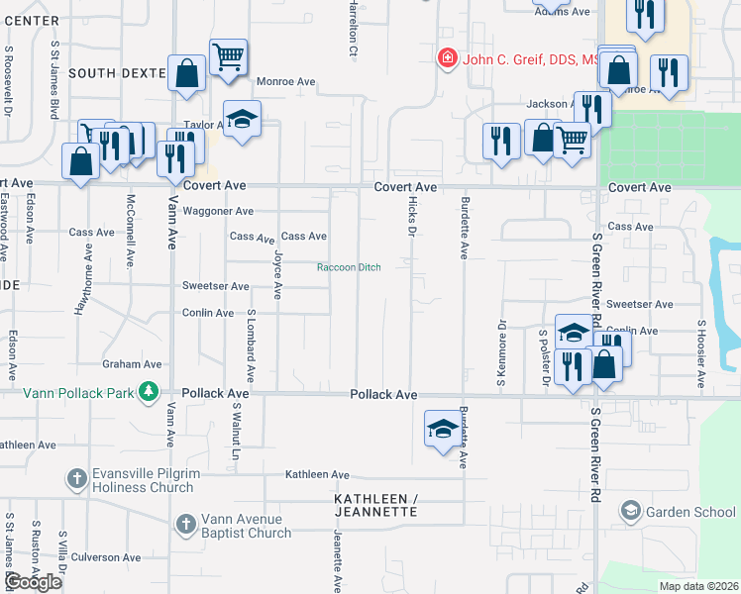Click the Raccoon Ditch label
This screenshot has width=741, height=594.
(349, 267)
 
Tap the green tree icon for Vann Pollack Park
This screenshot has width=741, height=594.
(149, 393)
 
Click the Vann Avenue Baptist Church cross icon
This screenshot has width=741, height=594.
(185, 525)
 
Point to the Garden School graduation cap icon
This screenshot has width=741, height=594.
(630, 512)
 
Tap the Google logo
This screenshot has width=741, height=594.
(33, 582)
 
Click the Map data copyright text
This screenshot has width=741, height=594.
(698, 586)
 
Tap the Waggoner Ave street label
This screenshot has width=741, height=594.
(218, 211)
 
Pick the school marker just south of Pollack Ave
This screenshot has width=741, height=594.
(444, 429)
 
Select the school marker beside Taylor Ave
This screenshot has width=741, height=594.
(242, 120)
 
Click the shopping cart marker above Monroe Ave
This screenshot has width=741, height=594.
(228, 57)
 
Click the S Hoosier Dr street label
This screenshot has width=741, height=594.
(700, 352)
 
